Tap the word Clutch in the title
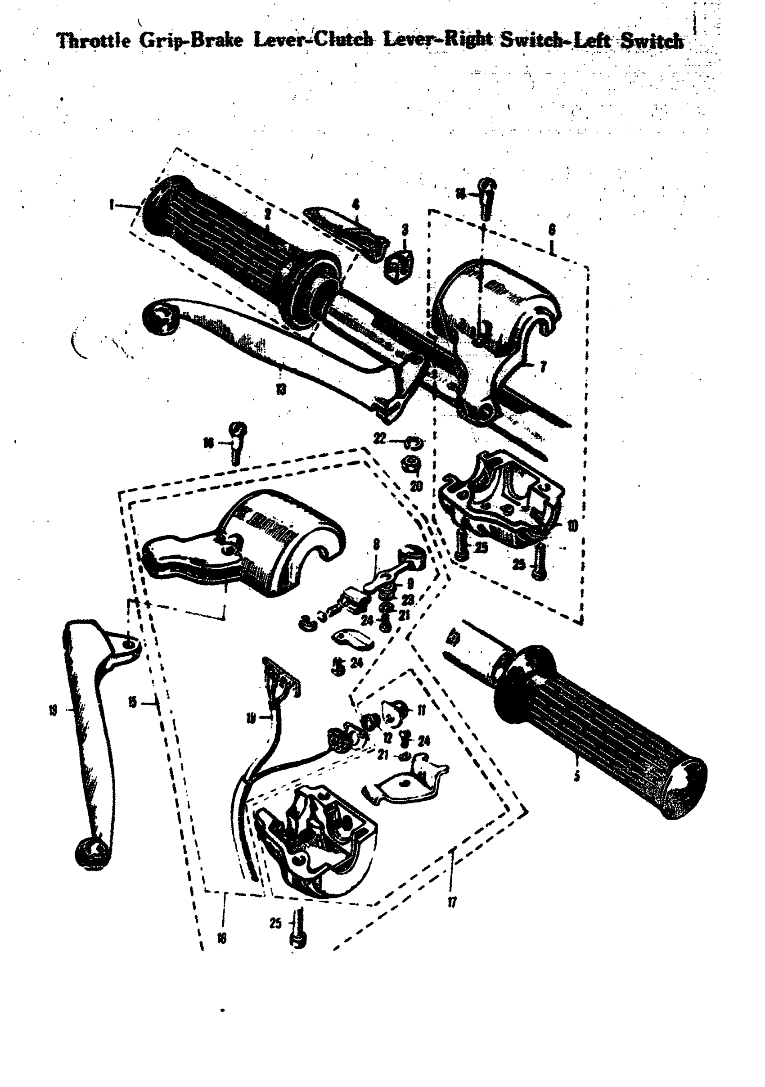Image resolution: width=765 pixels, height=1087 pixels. (x=344, y=40)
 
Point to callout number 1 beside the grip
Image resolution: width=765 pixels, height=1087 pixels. (x=111, y=205)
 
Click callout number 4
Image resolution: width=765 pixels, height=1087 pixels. (x=355, y=204)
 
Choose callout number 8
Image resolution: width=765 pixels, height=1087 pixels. (x=376, y=545)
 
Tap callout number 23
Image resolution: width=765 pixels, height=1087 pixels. (x=408, y=600)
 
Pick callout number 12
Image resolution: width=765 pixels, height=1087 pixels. (x=388, y=738)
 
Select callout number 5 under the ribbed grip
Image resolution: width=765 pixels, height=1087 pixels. (x=576, y=777)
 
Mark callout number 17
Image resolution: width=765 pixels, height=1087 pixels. (x=452, y=903)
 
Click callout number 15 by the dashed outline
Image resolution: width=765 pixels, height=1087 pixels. (x=133, y=703)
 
